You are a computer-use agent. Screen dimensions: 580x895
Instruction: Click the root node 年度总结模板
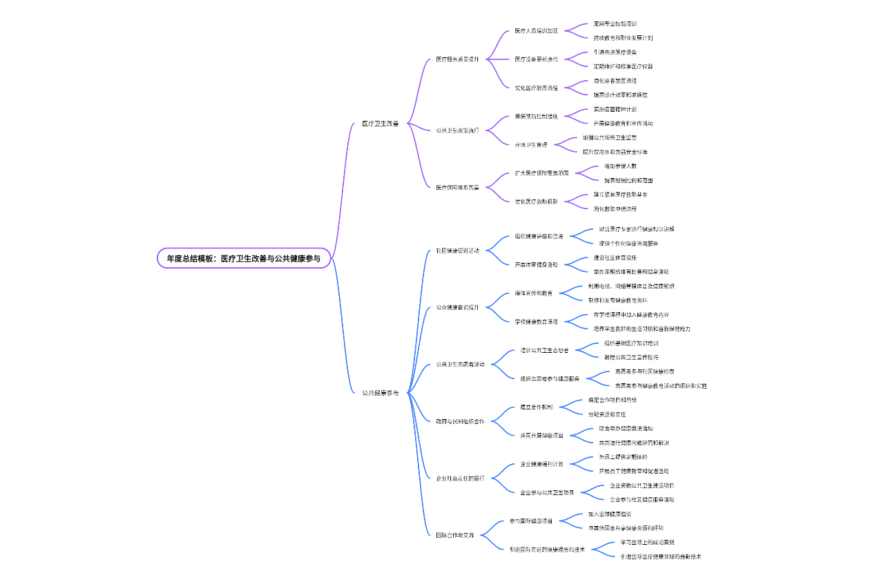click(x=244, y=258)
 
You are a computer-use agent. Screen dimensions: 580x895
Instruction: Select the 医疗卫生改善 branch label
click(x=381, y=124)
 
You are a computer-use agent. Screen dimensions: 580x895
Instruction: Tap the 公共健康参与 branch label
click(x=381, y=393)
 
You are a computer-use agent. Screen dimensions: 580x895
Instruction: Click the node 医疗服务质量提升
click(x=458, y=59)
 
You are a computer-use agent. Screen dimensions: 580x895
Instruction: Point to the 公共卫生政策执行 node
click(x=458, y=130)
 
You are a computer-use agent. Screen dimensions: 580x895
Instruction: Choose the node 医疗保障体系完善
click(x=458, y=187)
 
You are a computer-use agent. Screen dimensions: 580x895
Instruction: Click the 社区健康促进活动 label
click(x=458, y=251)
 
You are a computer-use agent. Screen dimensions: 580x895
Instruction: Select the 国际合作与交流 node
click(x=455, y=535)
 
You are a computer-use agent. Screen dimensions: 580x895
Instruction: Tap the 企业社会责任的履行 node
click(x=461, y=478)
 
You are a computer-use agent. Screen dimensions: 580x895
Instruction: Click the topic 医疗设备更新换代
click(x=537, y=59)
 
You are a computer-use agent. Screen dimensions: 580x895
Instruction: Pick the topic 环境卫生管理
click(x=531, y=145)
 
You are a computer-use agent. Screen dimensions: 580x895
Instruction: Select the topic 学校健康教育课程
click(x=537, y=322)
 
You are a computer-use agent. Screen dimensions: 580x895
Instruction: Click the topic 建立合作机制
click(x=537, y=407)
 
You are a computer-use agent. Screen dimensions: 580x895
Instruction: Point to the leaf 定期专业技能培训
click(x=615, y=23)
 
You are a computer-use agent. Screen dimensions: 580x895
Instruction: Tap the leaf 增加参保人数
click(x=621, y=166)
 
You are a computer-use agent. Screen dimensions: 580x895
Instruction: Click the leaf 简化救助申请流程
click(x=615, y=209)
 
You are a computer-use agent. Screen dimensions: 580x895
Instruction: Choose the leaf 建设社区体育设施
click(x=615, y=258)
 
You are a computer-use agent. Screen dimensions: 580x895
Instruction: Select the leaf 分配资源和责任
click(x=607, y=414)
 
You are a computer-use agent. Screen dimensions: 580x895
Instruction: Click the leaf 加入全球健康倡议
click(x=610, y=514)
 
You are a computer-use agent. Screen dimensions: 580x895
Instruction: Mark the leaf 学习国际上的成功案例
click(x=648, y=543)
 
